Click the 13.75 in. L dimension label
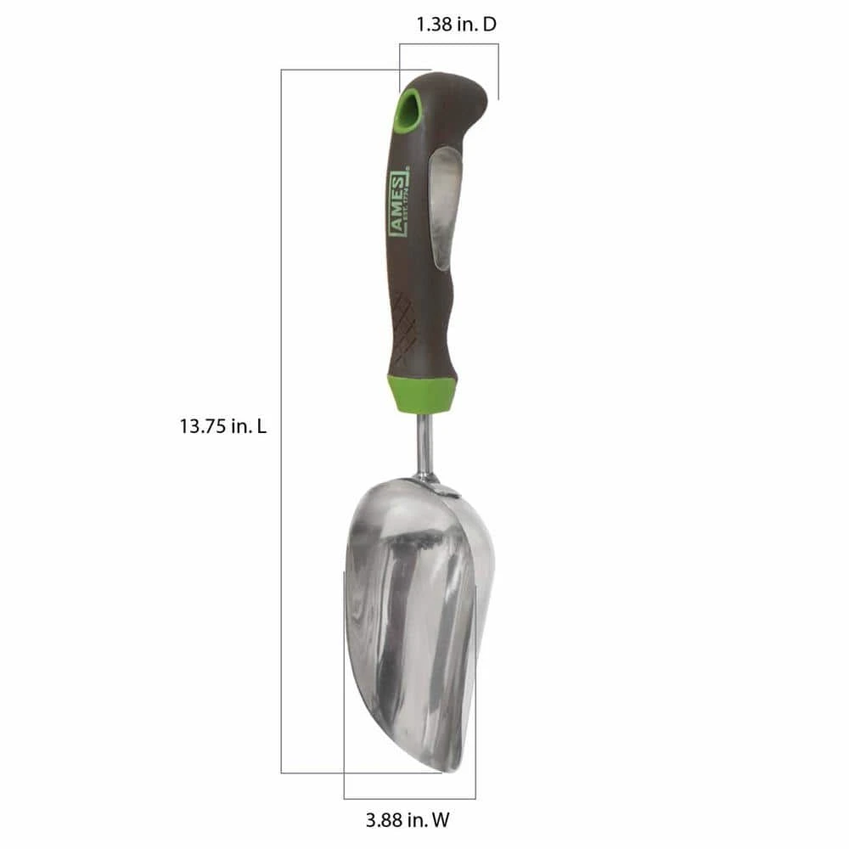point(222,427)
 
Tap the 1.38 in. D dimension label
point(456,25)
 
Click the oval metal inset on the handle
point(445,207)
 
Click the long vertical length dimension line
point(281,424)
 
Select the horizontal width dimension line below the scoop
point(409,798)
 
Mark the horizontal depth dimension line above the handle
point(448,44)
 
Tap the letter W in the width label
point(441,820)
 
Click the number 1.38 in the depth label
point(435,25)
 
